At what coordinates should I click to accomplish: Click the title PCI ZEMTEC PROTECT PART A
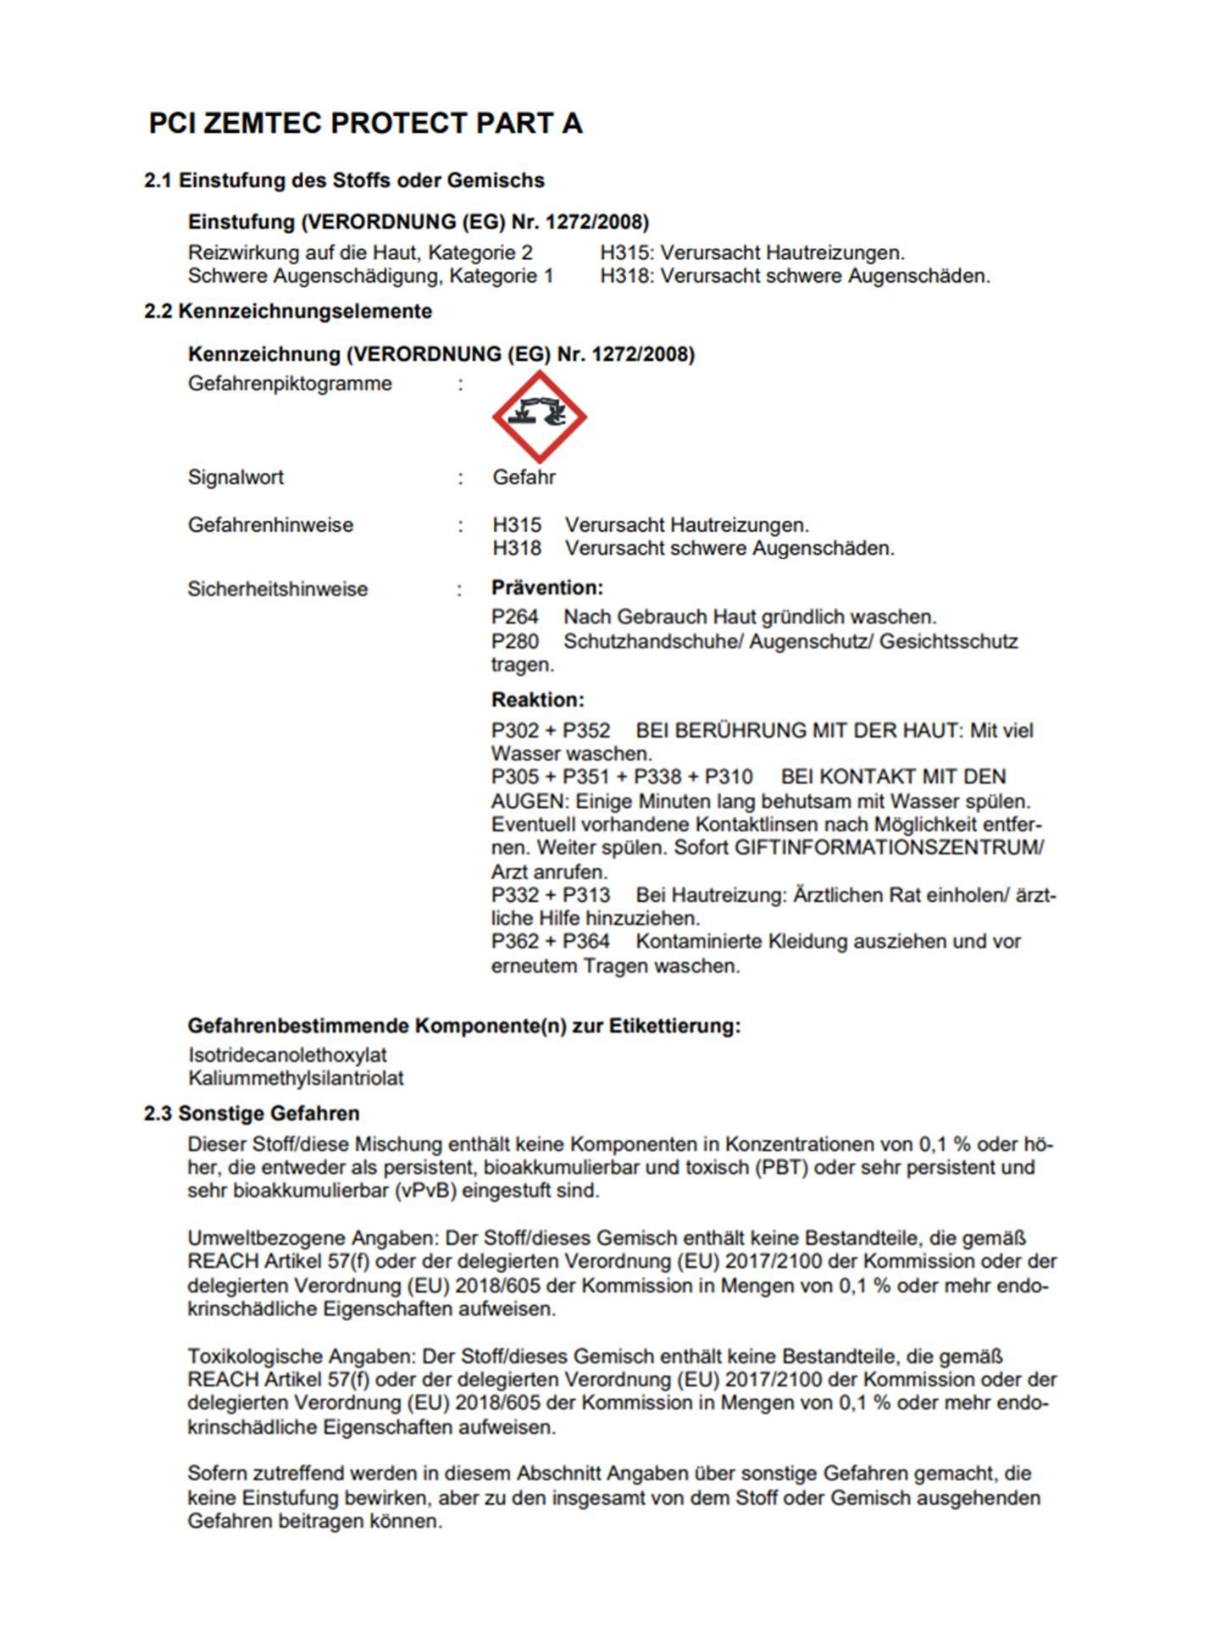click(x=365, y=124)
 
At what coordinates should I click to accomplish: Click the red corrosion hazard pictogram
click(x=539, y=417)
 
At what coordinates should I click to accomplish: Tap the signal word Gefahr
click(x=524, y=478)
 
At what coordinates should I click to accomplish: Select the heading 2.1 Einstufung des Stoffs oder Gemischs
click(x=344, y=180)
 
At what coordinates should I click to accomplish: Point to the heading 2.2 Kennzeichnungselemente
click(x=288, y=312)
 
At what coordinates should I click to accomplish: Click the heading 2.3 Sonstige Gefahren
click(x=252, y=1114)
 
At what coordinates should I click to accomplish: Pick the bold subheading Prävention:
click(x=547, y=588)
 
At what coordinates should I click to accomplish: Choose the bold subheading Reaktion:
click(x=538, y=700)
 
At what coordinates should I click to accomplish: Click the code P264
click(x=514, y=617)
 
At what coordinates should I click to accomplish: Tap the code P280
click(x=514, y=642)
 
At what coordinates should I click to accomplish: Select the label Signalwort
click(x=236, y=478)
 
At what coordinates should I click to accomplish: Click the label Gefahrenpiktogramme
click(x=290, y=384)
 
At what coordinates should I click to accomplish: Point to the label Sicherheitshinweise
click(x=277, y=589)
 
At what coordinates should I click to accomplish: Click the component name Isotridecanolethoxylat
click(x=287, y=1055)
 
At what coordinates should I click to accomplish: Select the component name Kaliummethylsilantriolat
click(x=296, y=1079)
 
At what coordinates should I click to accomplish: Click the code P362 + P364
click(x=550, y=942)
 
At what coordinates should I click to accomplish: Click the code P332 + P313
click(x=550, y=895)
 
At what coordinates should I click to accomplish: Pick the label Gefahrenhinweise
click(x=270, y=525)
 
